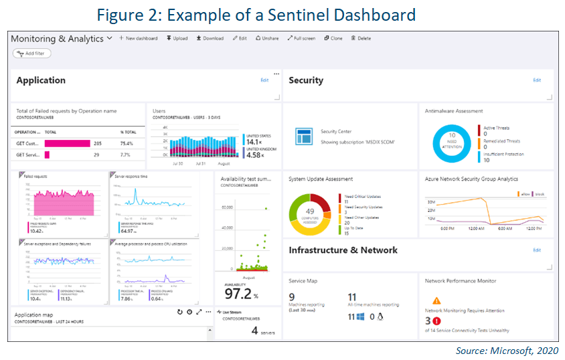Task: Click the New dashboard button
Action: (x=138, y=38)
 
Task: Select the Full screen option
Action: (x=301, y=38)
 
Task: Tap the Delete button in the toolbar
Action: (x=361, y=38)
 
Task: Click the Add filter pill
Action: (x=31, y=54)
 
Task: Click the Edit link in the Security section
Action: (x=536, y=80)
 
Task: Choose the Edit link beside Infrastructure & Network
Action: (x=536, y=250)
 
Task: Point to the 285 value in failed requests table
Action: (x=98, y=143)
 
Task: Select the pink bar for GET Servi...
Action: (x=47, y=155)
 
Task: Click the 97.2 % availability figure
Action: (x=241, y=294)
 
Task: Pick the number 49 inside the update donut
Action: (x=310, y=211)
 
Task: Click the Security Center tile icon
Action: (x=302, y=137)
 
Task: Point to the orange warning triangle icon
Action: (x=436, y=301)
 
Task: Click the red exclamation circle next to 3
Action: (x=437, y=321)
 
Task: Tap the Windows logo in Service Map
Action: (x=359, y=317)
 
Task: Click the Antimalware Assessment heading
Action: (x=454, y=111)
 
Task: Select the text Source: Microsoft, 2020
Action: (x=505, y=351)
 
